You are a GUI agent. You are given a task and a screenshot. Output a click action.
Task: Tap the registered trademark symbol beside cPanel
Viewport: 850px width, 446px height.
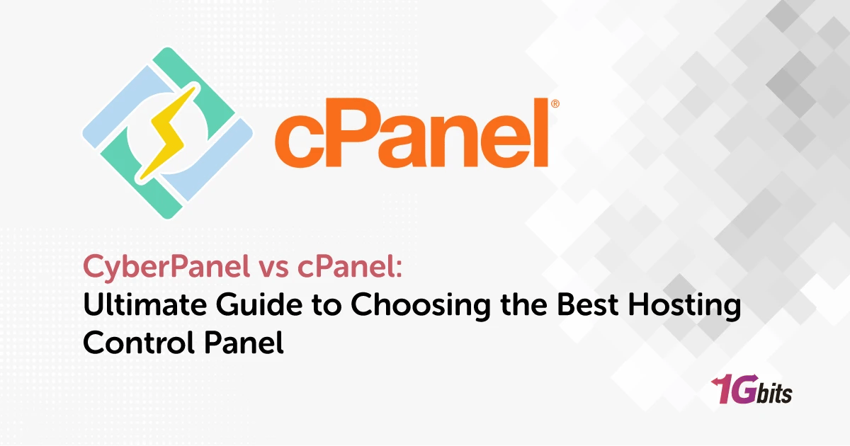(x=555, y=104)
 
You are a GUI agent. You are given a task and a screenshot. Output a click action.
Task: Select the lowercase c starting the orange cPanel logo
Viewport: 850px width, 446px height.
(x=297, y=142)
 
